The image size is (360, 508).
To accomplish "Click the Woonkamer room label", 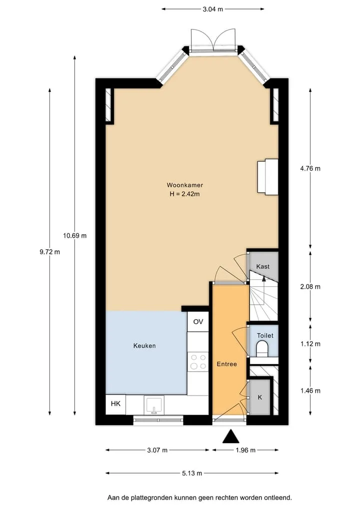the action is (x=185, y=185).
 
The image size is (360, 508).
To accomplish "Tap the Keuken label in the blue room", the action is (x=144, y=346).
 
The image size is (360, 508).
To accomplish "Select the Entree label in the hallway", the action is (x=226, y=364).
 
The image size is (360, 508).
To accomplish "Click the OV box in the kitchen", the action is (x=198, y=321).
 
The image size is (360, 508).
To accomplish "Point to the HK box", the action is (x=116, y=404).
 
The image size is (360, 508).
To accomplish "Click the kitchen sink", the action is (x=154, y=405).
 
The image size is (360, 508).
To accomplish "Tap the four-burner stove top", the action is (x=198, y=362).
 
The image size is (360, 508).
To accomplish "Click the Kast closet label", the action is (x=262, y=266).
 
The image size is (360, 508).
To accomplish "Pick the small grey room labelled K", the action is (x=260, y=397).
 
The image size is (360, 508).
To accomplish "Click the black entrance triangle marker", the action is (x=231, y=436).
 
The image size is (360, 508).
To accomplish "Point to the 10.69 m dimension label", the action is (x=75, y=236).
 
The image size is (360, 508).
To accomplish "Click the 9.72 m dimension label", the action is (x=50, y=252).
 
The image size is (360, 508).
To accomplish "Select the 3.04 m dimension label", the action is (x=213, y=9).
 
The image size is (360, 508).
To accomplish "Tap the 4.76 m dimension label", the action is (x=310, y=168).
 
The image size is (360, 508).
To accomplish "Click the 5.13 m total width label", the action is (x=192, y=474).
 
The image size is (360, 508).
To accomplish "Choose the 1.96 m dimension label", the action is (x=245, y=450).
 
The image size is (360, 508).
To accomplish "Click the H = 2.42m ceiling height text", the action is (x=184, y=194).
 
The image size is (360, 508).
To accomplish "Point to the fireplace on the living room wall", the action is (x=268, y=177).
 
